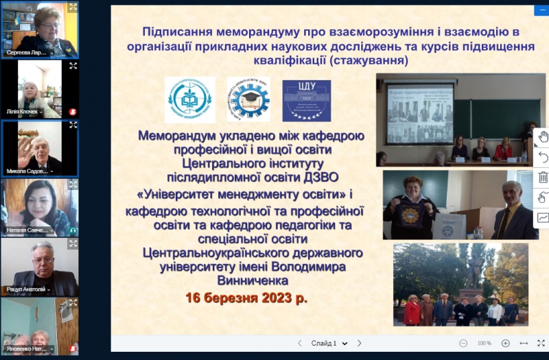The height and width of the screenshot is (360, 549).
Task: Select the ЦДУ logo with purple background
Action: coord(306,101)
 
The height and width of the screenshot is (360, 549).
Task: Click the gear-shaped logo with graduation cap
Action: coord(248,99)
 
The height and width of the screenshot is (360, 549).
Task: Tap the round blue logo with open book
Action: coord(190,99)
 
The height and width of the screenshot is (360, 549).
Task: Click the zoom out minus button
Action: coord(463,343)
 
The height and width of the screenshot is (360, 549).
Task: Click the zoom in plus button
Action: coord(506,343)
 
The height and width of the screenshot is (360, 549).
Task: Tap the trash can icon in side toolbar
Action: coord(543,177)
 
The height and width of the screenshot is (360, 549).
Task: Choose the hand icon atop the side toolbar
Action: coord(543,136)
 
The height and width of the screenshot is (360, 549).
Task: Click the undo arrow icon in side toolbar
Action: coord(543,157)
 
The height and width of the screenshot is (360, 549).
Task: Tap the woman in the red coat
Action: coord(412,312)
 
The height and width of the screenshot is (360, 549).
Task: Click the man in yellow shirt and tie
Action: coord(509,212)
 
